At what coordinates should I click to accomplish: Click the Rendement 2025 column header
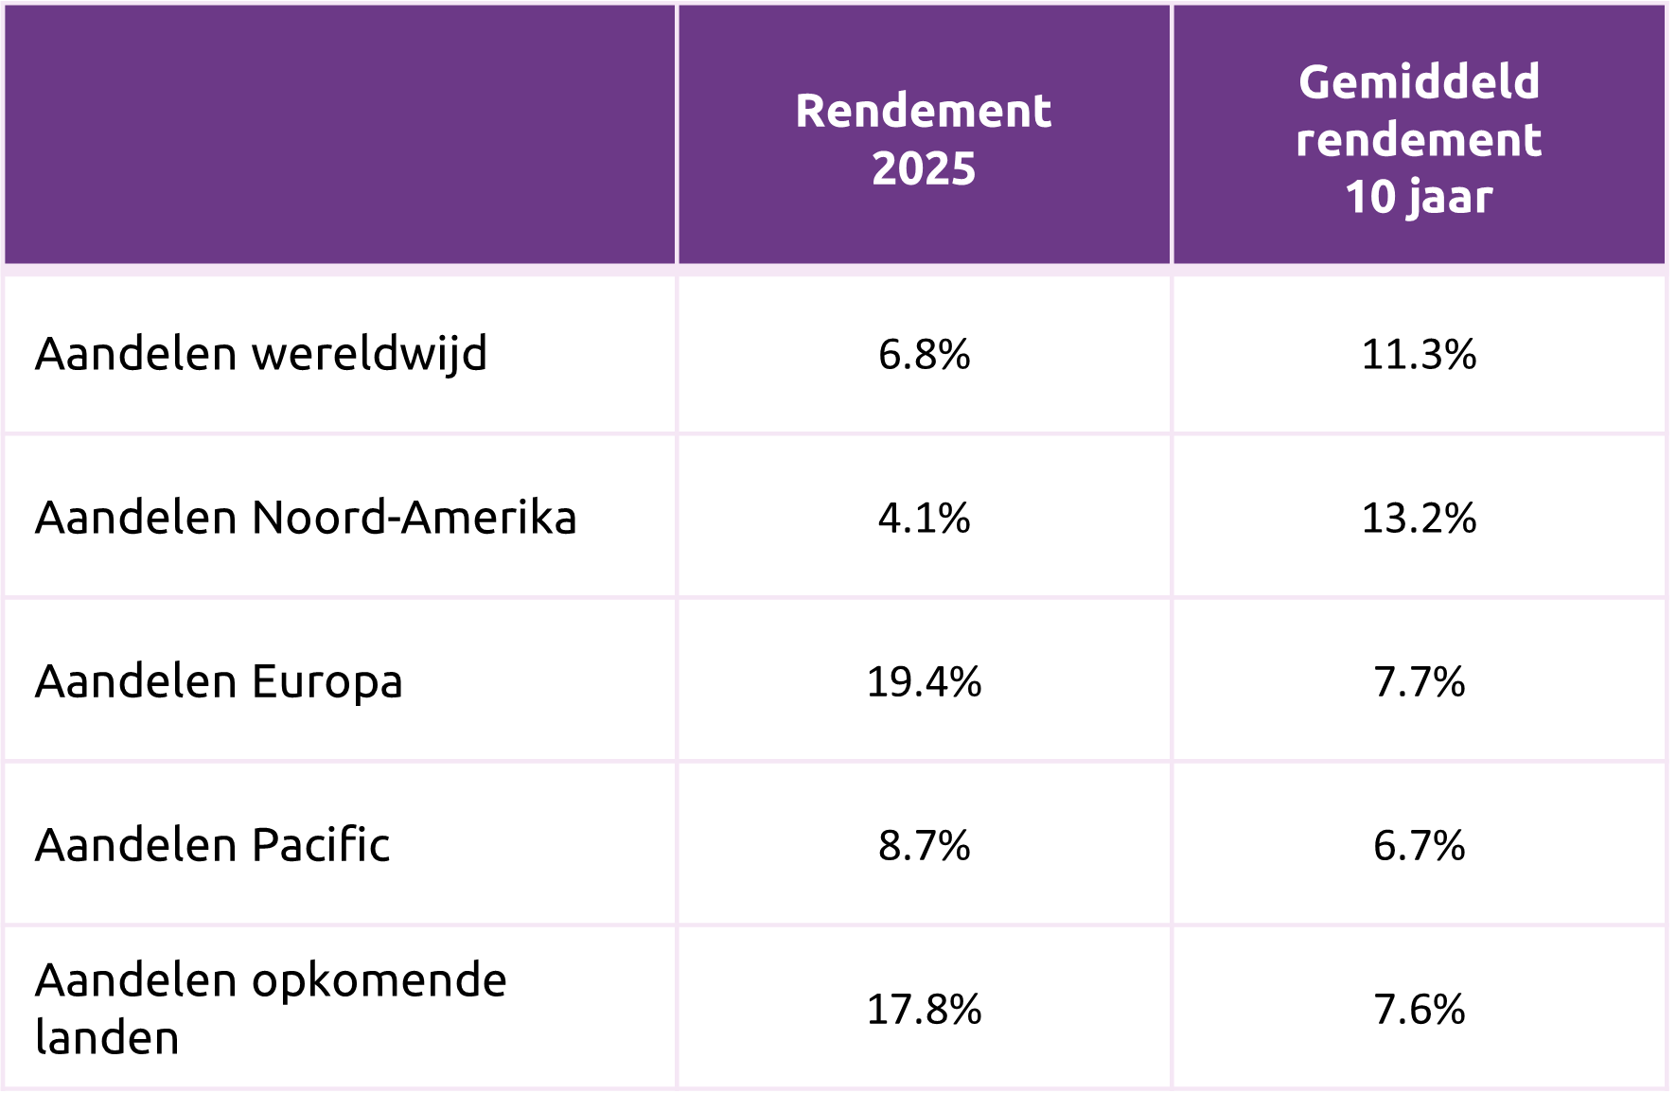pos(924,138)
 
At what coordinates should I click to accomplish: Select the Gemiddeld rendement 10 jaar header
pos(1419,138)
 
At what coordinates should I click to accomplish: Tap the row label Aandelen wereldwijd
pos(261,355)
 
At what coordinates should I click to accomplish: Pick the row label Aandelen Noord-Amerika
pos(306,519)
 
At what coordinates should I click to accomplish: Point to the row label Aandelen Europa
pos(219,682)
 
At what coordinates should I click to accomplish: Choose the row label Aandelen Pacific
pos(212,845)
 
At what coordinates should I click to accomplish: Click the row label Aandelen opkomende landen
pos(271,1008)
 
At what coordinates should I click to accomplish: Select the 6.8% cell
pos(924,355)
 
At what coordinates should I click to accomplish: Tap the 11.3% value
pos(1419,355)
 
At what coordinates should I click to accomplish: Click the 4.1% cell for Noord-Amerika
pos(924,519)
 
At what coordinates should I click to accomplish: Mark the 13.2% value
pos(1419,519)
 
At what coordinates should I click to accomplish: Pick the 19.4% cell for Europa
pos(924,682)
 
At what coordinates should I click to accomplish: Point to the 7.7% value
pos(1419,682)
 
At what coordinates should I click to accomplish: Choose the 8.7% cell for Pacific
pos(924,845)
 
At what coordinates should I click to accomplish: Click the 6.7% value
pos(1419,845)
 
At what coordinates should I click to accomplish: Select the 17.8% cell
pos(924,1009)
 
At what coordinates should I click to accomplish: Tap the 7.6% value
pos(1419,1009)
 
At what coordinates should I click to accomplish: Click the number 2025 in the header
pos(924,168)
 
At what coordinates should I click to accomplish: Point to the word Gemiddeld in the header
pos(1419,81)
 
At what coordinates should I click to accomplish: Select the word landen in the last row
pos(107,1038)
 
